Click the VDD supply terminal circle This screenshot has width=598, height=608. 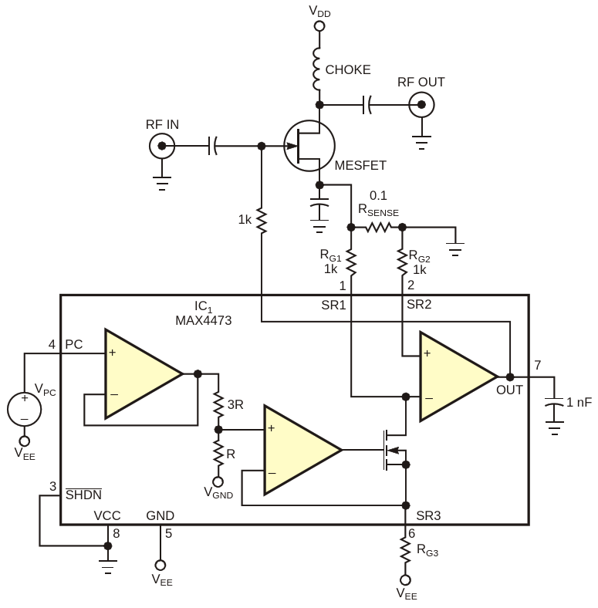pos(319,26)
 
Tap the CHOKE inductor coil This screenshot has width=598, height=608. pos(317,69)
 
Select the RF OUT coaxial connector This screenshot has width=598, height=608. pos(421,105)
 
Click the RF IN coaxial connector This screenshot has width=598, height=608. pos(162,146)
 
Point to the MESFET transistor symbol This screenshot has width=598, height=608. pos(309,146)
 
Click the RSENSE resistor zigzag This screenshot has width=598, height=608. pos(378,227)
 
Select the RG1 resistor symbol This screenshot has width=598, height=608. pos(351,262)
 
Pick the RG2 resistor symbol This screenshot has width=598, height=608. pos(402,262)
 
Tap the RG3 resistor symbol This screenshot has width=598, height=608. pos(405,550)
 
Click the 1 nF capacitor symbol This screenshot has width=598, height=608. pos(555,402)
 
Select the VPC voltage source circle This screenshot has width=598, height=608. pos(24,409)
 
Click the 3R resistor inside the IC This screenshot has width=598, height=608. pos(218,405)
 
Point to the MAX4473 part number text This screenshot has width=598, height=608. pos(204,321)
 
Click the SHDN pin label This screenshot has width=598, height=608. pos(83,494)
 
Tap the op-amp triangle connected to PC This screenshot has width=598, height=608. pos(143,374)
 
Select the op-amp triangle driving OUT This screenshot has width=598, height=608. pos(458,377)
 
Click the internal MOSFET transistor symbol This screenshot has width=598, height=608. pos(394,450)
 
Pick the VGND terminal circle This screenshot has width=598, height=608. pos(218,481)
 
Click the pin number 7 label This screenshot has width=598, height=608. pos(538,365)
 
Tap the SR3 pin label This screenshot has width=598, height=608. pos(428,515)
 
